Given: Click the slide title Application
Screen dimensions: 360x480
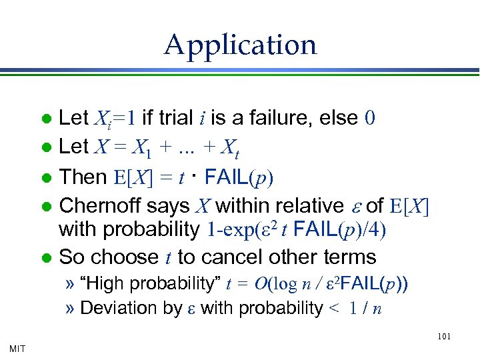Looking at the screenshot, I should pos(240,45).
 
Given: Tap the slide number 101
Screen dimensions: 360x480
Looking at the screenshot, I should pos(444,337).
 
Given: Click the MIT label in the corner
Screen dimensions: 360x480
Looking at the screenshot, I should pos(19,348).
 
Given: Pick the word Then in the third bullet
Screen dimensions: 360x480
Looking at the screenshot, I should pos(83,177).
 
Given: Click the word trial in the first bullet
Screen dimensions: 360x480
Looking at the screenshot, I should pos(175,118).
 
